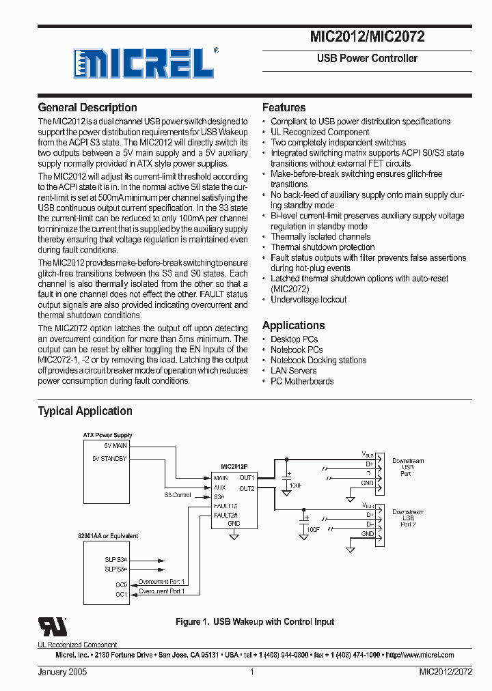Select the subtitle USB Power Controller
(367, 59)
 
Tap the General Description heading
(87, 107)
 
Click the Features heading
(284, 107)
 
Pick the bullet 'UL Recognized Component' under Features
(320, 132)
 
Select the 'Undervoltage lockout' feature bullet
(308, 299)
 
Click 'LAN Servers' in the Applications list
(293, 370)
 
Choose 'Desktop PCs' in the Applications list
(294, 339)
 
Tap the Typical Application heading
(85, 411)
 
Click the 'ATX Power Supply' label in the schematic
(108, 435)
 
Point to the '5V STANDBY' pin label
(109, 459)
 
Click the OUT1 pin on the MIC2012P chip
(247, 478)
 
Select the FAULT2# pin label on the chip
(225, 514)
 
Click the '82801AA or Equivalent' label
(108, 536)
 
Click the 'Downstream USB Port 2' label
(408, 518)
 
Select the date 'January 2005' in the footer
(62, 672)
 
